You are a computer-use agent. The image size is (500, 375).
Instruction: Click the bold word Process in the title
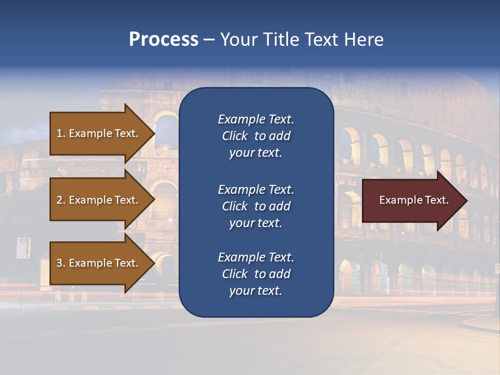click(x=164, y=40)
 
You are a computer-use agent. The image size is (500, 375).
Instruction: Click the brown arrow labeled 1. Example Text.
click(x=99, y=133)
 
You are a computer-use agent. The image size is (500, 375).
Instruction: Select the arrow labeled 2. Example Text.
click(x=99, y=200)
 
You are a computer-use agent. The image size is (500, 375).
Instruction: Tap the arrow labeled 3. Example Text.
click(x=99, y=263)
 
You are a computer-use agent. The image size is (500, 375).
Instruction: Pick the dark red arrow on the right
click(x=411, y=201)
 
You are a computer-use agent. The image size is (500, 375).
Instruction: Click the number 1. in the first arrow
click(x=60, y=133)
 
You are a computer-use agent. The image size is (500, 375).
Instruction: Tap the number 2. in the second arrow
click(x=60, y=200)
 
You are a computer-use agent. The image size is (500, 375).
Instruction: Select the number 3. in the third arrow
click(x=60, y=263)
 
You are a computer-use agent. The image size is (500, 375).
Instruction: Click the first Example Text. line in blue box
click(x=256, y=119)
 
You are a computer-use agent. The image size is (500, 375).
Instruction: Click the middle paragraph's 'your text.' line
click(x=256, y=223)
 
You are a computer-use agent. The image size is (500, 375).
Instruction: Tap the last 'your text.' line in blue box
click(x=256, y=291)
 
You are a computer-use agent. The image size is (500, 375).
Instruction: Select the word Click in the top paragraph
click(x=234, y=136)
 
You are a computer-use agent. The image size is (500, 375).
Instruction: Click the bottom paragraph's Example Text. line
click(x=256, y=257)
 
